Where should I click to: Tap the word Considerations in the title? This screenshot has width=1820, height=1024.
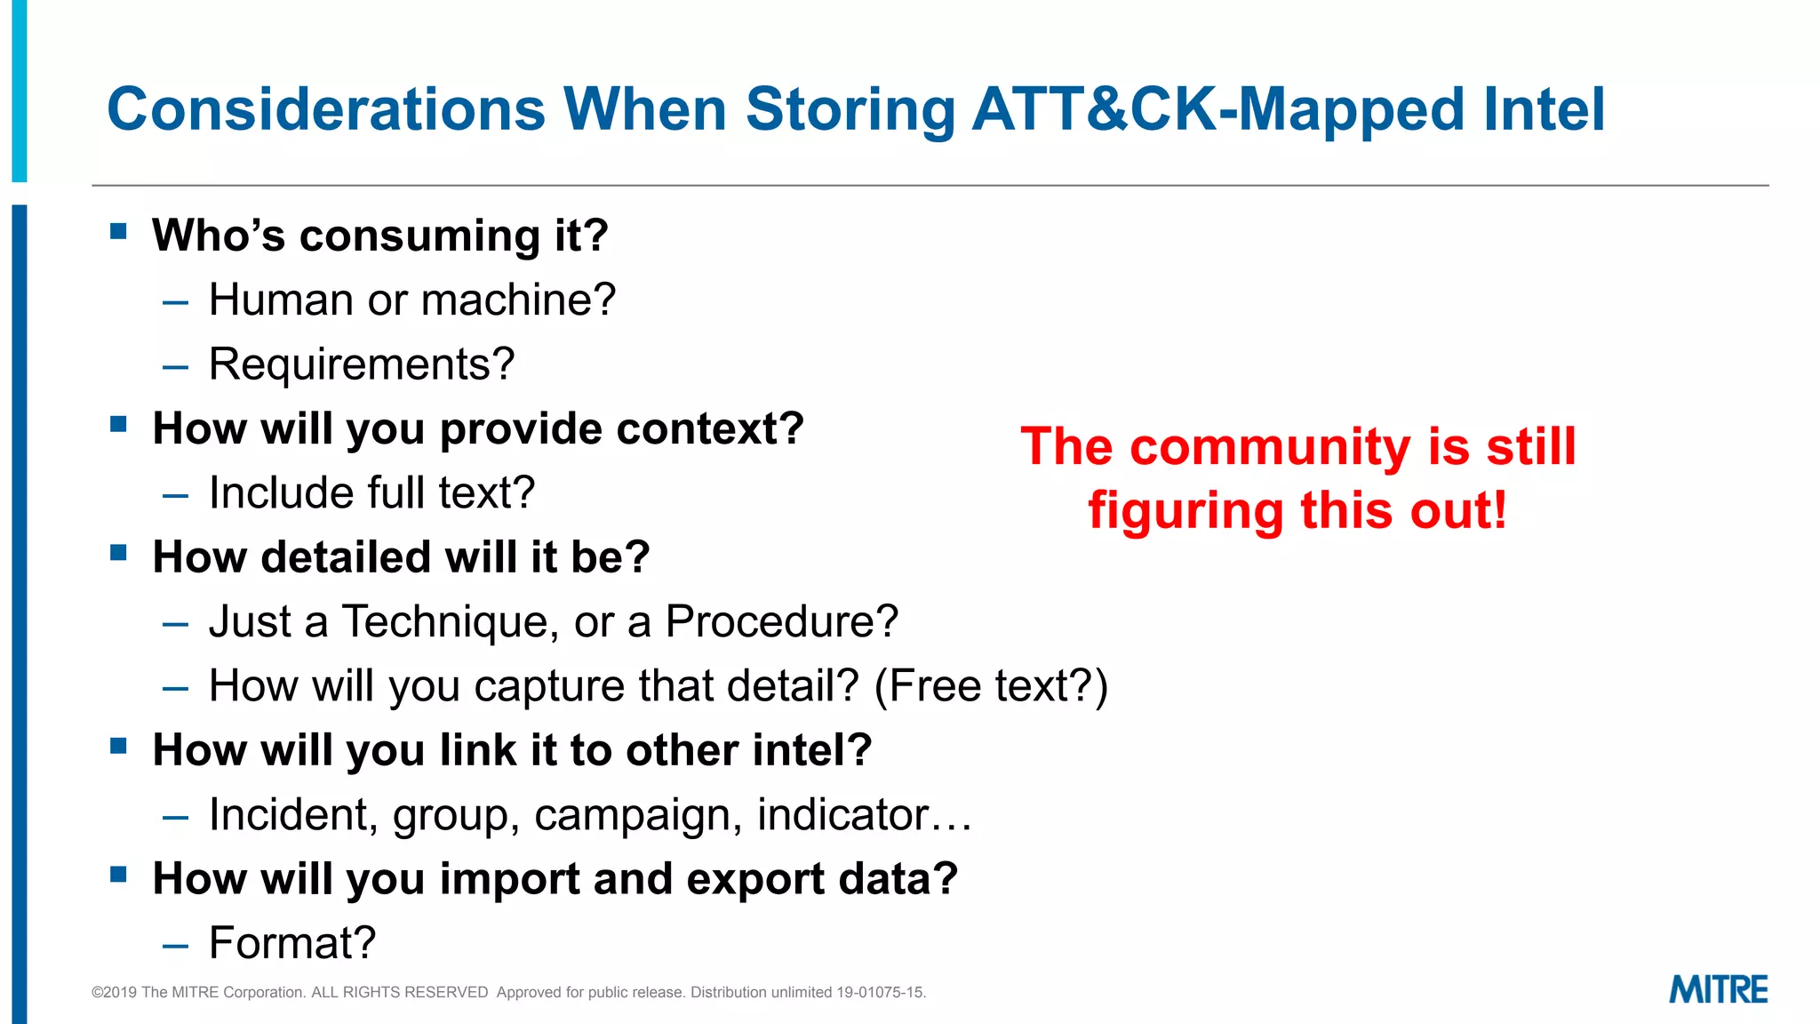point(325,109)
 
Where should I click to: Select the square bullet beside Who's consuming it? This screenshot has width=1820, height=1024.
point(118,232)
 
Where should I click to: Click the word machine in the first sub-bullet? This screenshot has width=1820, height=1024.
point(518,300)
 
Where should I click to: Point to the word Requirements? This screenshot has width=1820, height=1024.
point(361,364)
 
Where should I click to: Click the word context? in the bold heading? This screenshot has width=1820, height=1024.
point(710,429)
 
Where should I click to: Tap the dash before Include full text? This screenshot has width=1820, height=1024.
point(176,495)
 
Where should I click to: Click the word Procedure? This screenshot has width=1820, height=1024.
point(781,621)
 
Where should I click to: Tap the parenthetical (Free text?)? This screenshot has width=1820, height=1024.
point(991,686)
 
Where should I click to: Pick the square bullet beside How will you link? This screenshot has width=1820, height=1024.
point(118,746)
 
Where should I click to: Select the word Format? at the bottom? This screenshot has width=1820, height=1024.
point(292,943)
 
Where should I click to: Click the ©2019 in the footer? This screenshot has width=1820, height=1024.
point(114,992)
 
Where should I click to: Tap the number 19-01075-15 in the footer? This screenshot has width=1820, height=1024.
point(880,992)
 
